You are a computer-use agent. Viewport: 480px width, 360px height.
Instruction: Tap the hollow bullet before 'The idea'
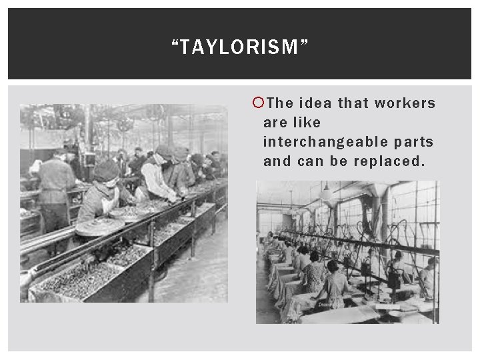(x=259, y=103)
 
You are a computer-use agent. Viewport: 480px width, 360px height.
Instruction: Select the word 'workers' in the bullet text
(x=405, y=103)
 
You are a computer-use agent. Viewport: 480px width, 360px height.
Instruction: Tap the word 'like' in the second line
(x=307, y=123)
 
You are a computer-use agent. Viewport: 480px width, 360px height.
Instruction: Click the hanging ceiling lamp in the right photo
(x=326, y=194)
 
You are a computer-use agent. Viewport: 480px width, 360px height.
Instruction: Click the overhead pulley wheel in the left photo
(x=123, y=123)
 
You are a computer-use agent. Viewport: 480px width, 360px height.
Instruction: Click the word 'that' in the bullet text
(x=353, y=103)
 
